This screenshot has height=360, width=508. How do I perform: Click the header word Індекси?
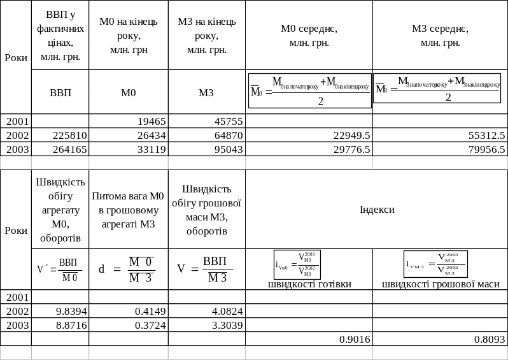pyautogui.click(x=377, y=210)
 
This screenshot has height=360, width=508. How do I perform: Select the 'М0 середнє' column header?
pyautogui.click(x=309, y=36)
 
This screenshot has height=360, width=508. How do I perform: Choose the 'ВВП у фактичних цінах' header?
pyautogui.click(x=60, y=35)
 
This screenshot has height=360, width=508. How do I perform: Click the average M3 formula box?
pyautogui.click(x=437, y=89)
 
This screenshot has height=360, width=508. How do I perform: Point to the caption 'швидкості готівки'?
pyautogui.click(x=309, y=284)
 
